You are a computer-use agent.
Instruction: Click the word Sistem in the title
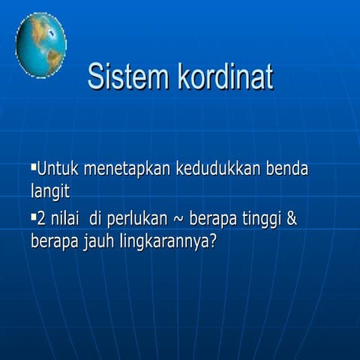127,77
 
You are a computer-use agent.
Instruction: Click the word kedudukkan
217,167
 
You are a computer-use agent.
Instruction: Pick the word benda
288,167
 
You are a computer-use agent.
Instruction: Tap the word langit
50,192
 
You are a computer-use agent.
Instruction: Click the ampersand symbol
293,219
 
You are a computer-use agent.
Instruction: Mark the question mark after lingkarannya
211,243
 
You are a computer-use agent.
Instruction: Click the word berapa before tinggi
214,220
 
